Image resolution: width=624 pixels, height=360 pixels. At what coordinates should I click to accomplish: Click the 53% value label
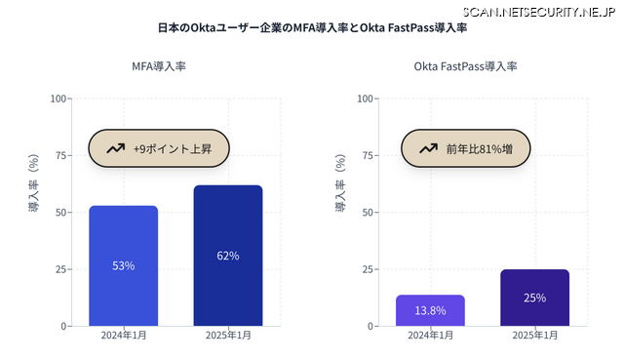click(123, 265)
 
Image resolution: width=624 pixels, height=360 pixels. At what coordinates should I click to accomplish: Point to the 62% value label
click(227, 256)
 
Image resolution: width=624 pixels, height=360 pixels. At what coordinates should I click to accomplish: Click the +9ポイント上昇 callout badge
click(159, 149)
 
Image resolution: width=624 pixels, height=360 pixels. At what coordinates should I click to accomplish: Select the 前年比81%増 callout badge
click(466, 149)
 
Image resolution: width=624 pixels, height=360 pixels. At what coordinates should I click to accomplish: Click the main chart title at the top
click(312, 28)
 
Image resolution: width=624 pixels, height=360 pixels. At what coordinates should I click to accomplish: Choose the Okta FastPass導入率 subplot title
click(465, 66)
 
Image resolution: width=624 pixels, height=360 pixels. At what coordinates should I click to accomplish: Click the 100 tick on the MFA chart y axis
click(58, 99)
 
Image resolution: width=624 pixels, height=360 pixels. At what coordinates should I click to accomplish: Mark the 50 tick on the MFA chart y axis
click(61, 212)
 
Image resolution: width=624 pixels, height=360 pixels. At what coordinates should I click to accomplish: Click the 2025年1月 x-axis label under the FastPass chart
click(534, 336)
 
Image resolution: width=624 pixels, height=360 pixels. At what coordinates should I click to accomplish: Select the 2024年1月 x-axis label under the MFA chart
click(123, 336)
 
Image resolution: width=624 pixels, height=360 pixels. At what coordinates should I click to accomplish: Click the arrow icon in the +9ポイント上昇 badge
click(116, 149)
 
